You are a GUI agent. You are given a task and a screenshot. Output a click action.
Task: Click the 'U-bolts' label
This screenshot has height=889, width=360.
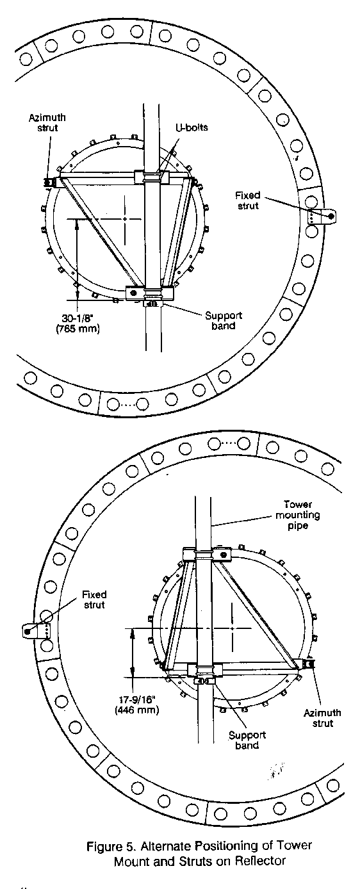click(192, 127)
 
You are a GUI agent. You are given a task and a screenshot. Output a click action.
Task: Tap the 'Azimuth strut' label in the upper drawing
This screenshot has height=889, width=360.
click(47, 122)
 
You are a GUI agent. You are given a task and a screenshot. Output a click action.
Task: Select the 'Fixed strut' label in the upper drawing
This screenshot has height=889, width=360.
click(248, 200)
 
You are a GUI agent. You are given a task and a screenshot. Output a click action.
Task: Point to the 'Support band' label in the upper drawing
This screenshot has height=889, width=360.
click(224, 321)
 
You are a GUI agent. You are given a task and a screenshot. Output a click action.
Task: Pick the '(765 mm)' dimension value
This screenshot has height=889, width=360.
click(78, 329)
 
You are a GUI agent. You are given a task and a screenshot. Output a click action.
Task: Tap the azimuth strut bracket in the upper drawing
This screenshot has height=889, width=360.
click(51, 182)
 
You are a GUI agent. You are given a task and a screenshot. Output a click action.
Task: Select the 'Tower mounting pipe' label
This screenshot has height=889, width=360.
click(298, 515)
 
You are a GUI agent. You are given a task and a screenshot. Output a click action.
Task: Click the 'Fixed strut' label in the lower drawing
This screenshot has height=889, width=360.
click(94, 599)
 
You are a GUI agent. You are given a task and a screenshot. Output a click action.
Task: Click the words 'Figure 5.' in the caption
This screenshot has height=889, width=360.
click(111, 845)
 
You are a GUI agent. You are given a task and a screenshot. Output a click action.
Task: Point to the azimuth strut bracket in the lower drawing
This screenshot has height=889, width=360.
click(308, 663)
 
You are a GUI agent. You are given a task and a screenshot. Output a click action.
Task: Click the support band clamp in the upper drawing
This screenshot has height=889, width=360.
click(151, 304)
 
